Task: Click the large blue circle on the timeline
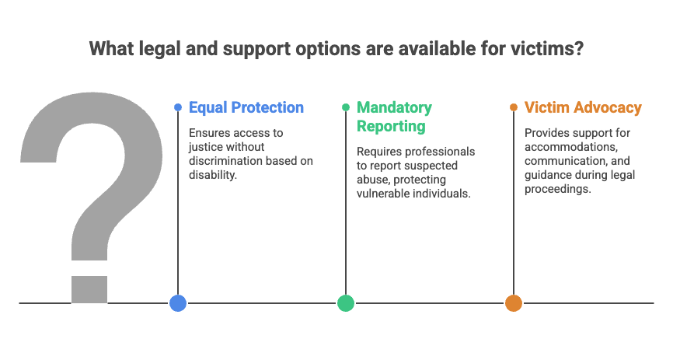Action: point(178,303)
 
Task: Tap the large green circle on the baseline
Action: point(346,303)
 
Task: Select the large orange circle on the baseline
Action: point(514,303)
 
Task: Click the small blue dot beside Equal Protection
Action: point(178,107)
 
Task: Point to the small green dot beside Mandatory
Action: point(346,107)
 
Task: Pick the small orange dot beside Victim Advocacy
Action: point(514,107)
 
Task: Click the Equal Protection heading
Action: point(246,107)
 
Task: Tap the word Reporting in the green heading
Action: point(391,126)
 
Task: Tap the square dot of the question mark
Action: point(89,289)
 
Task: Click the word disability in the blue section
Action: point(212,175)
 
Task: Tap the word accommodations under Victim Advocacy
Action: point(571,147)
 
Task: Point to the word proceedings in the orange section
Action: point(557,189)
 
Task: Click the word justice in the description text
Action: point(204,147)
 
